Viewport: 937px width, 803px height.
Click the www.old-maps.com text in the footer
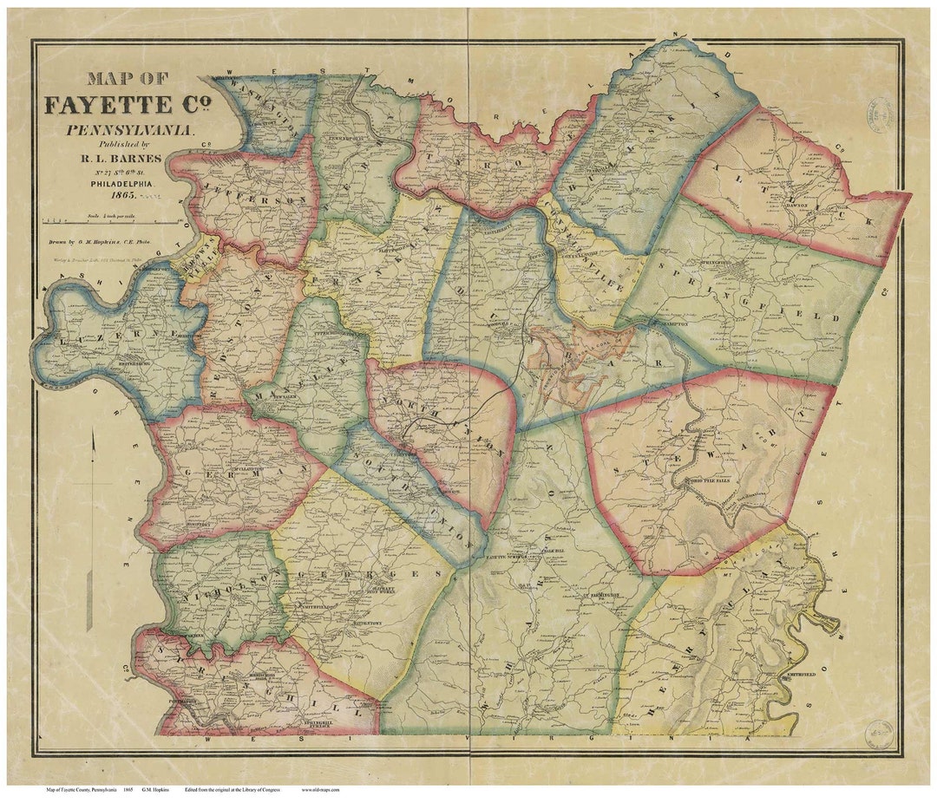[320, 790]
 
